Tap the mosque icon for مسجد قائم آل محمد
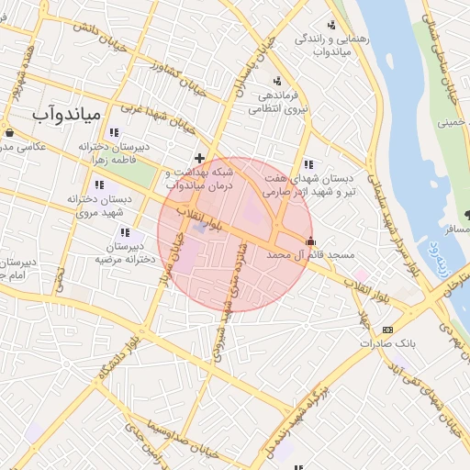pyautogui.click(x=311, y=243)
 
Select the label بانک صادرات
pyautogui.click(x=382, y=343)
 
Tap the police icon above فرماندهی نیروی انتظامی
pyautogui.click(x=278, y=81)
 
